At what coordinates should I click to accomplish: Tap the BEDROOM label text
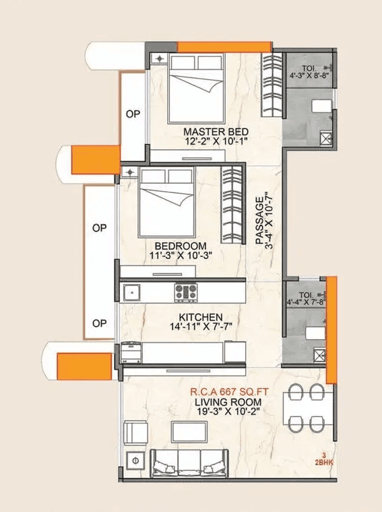point(180,246)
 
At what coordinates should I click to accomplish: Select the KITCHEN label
point(200,317)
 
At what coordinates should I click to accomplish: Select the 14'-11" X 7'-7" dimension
point(200,328)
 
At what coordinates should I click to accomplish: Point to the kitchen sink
point(131,292)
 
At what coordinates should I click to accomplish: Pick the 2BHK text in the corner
point(323,462)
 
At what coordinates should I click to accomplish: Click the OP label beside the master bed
point(133,114)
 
